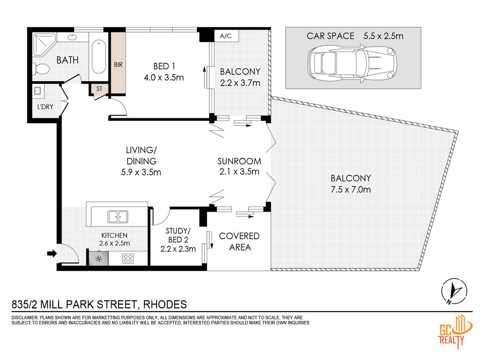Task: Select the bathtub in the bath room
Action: (99, 57)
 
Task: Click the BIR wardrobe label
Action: (118, 65)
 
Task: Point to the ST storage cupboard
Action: (99, 89)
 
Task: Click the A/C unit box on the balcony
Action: (226, 36)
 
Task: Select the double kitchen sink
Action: (118, 217)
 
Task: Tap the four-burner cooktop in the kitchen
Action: (128, 258)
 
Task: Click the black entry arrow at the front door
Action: (52, 254)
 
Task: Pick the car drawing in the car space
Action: (352, 63)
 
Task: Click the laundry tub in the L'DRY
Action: (37, 90)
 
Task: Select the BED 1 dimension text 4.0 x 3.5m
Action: (164, 78)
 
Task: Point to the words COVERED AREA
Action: (240, 242)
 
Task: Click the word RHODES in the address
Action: (165, 304)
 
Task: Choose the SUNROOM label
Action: (239, 161)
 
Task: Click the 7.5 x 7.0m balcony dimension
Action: (350, 189)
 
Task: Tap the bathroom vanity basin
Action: (72, 37)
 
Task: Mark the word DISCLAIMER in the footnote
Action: (24, 318)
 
